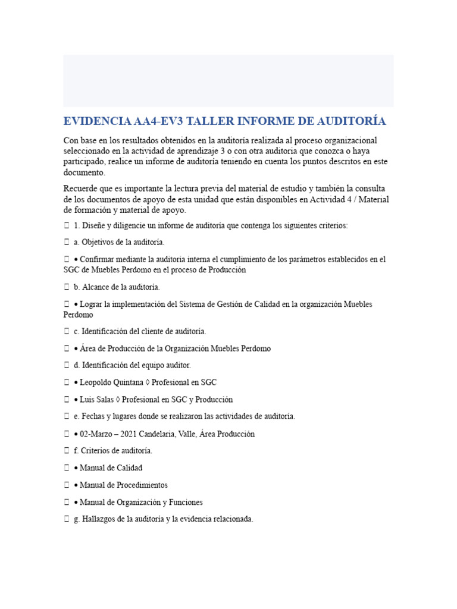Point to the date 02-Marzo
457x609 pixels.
point(99,434)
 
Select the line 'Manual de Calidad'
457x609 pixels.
point(111,468)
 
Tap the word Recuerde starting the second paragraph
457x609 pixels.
point(80,189)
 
